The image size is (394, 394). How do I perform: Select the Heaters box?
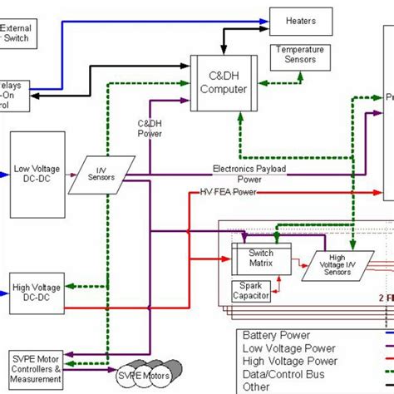point(300,19)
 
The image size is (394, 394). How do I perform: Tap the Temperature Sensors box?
point(300,57)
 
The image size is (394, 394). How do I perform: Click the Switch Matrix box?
point(261,259)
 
